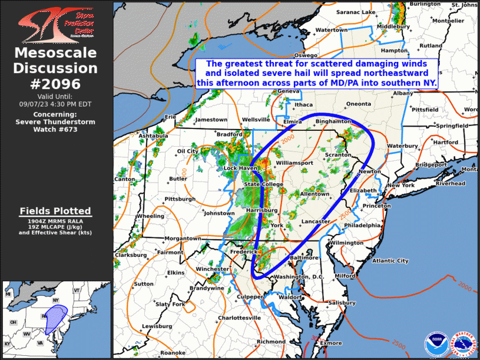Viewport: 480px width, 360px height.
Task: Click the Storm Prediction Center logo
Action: tap(56, 24)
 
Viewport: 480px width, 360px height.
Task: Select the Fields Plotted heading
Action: tap(55, 210)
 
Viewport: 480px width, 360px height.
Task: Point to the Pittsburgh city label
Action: tap(180, 199)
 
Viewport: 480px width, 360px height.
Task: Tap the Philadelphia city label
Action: tap(363, 225)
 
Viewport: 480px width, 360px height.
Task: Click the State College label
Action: tap(260, 184)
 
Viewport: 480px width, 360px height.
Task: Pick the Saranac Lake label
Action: tap(356, 12)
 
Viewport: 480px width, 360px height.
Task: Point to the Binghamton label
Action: tap(333, 121)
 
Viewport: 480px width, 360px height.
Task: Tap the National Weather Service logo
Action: tap(464, 344)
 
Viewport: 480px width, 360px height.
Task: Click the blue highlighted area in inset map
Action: tap(56, 319)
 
